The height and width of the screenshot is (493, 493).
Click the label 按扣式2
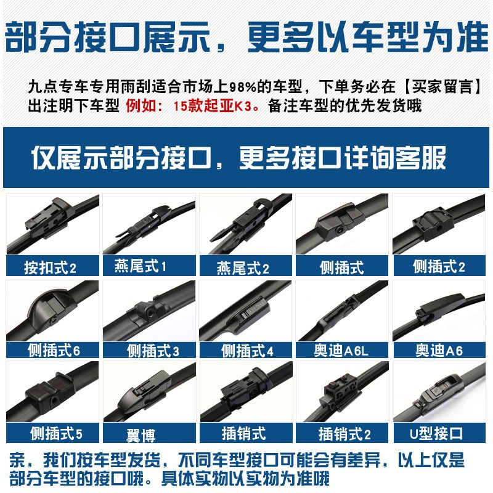51,268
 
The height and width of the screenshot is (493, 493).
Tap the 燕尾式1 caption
141,266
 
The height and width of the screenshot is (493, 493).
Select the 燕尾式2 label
243,268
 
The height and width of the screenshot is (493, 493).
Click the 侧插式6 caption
54,350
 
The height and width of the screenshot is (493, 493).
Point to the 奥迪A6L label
341,350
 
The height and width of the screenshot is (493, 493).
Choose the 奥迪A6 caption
439,350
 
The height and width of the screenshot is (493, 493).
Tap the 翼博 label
141,436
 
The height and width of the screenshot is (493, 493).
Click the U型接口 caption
436,434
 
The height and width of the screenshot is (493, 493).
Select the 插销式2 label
344,434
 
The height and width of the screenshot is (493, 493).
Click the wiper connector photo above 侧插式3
149,311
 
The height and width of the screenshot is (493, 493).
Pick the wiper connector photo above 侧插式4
245,311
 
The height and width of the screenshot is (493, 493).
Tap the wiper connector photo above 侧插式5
52,391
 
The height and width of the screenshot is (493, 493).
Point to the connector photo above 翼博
149,391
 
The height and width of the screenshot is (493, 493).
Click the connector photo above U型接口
439,391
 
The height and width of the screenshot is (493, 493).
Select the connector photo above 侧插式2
439,224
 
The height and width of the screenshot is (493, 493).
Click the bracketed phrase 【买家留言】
442,86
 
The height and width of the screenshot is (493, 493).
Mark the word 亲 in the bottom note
18,460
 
